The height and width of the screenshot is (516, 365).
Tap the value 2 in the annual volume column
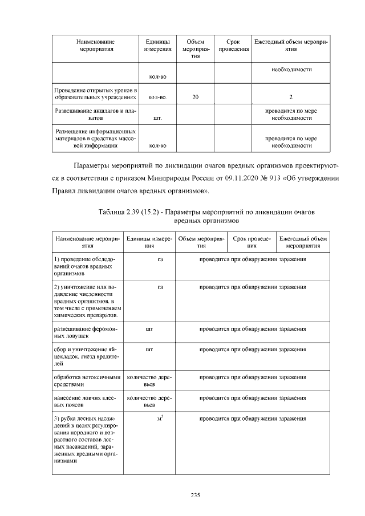291,97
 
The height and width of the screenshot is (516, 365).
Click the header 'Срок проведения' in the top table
233,46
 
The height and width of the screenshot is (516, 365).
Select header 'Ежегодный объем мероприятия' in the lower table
302,242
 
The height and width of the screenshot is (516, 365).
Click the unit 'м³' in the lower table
161,419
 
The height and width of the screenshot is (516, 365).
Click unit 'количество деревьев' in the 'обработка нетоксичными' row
149,380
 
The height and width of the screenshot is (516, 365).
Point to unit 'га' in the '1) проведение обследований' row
161,259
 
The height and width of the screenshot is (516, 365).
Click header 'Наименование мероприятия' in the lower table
87,242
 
